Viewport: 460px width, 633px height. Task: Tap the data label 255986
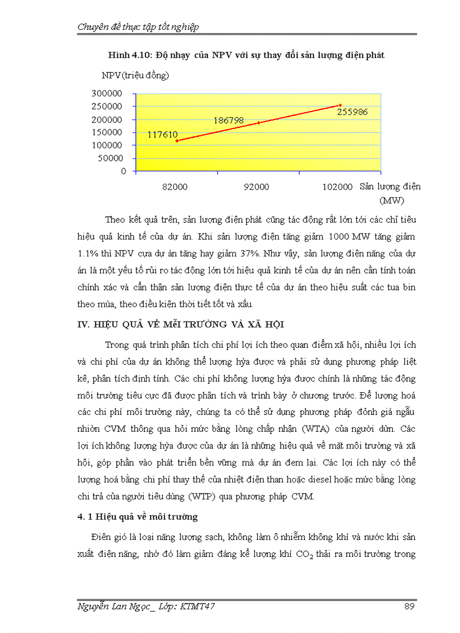pos(352,112)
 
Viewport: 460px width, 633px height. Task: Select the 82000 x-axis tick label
pos(175,187)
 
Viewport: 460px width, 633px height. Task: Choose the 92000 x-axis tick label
pos(256,187)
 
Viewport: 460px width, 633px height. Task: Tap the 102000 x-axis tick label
pos(338,187)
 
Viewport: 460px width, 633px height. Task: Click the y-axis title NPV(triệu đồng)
pos(135,75)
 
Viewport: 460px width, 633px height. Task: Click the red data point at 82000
pos(177,141)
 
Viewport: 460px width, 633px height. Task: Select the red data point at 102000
pos(340,105)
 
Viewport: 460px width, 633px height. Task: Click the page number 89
pos(410,607)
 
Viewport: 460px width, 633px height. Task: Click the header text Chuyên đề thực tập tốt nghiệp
pos(138,26)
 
